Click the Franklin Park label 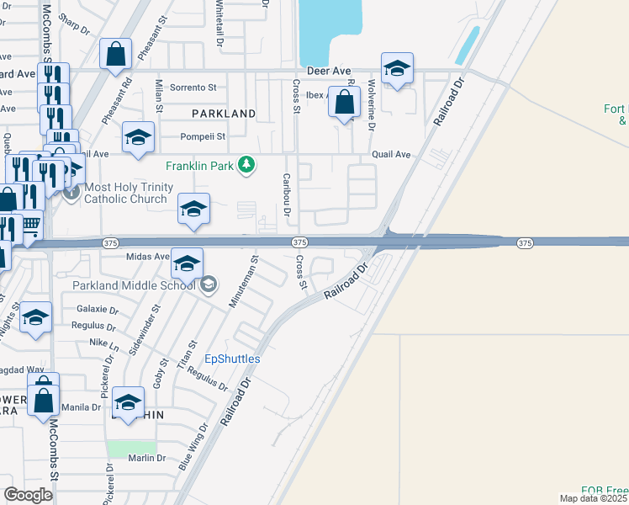pyautogui.click(x=200, y=165)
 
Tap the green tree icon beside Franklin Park pyautogui.click(x=246, y=164)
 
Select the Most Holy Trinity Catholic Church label pyautogui.click(x=129, y=193)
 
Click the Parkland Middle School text pyautogui.click(x=134, y=285)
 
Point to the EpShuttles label pyautogui.click(x=233, y=359)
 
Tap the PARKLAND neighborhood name pyautogui.click(x=223, y=113)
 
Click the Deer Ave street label pyautogui.click(x=328, y=72)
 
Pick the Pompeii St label pyautogui.click(x=203, y=136)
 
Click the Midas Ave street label pyautogui.click(x=148, y=257)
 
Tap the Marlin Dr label pyautogui.click(x=147, y=458)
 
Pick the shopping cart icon pyautogui.click(x=30, y=225)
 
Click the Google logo pyautogui.click(x=29, y=495)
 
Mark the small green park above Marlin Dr pyautogui.click(x=132, y=448)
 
